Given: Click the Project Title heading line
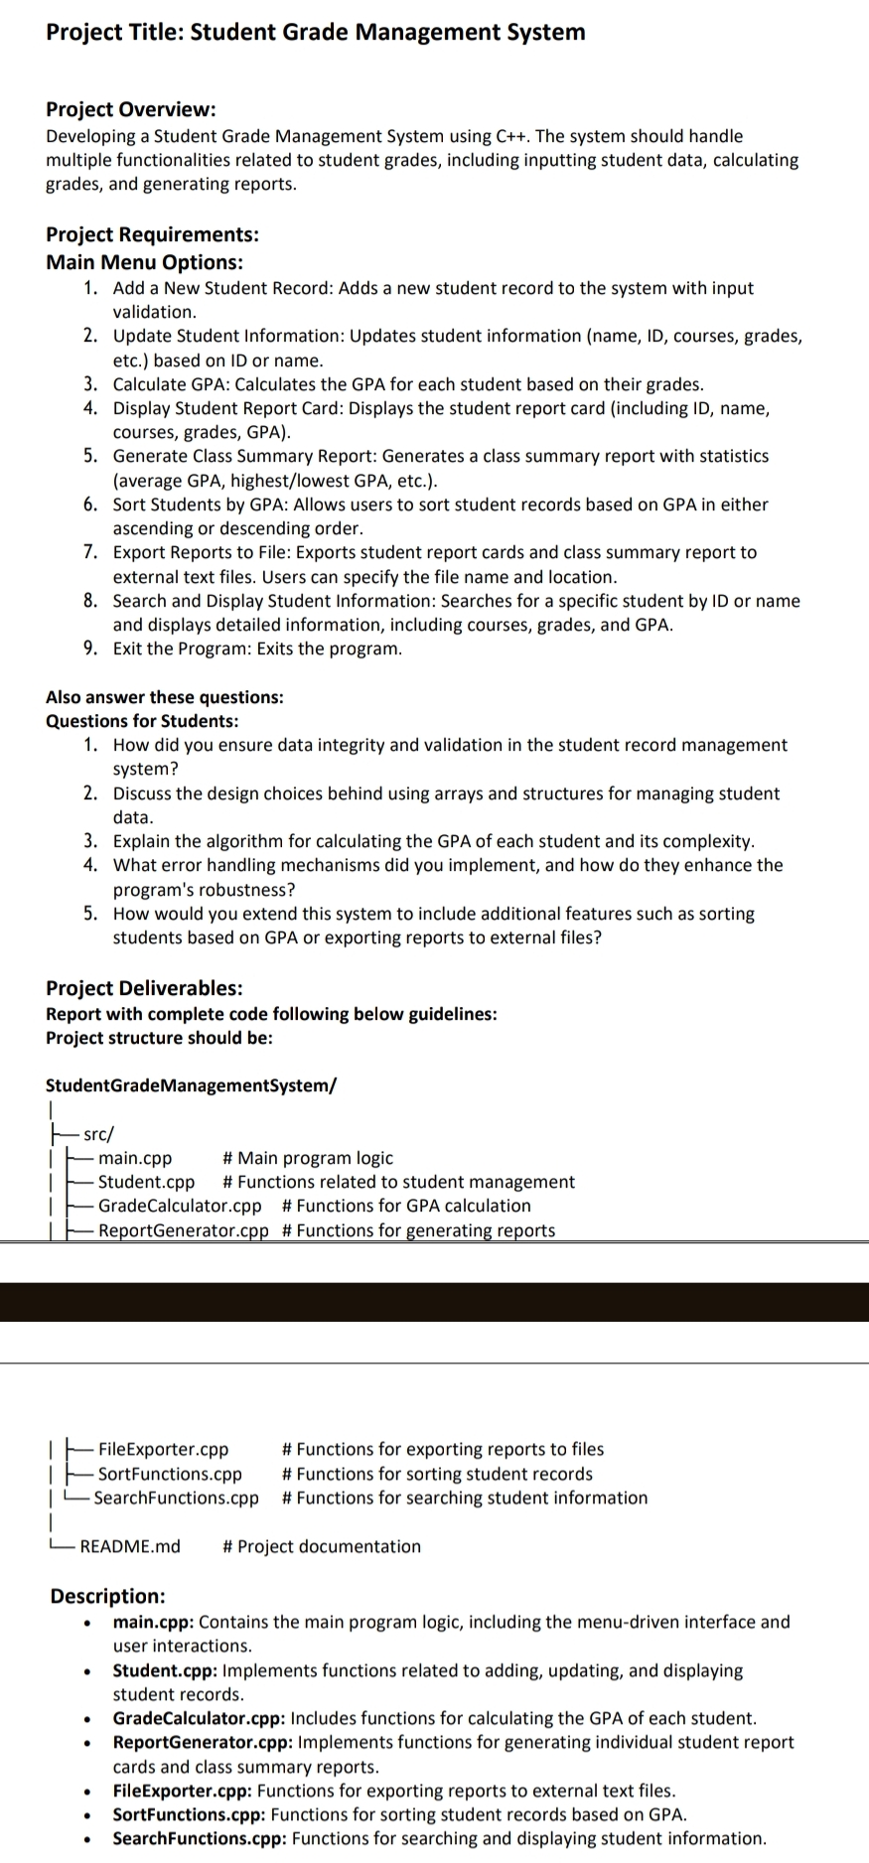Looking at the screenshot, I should (x=315, y=32).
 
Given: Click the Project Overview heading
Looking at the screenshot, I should (x=130, y=109).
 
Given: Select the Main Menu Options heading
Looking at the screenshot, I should (x=144, y=262).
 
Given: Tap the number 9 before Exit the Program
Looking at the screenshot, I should (x=90, y=648).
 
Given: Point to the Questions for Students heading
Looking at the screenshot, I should (x=142, y=721).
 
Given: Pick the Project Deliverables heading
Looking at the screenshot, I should (x=144, y=988).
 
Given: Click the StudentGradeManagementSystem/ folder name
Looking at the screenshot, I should (x=191, y=1084).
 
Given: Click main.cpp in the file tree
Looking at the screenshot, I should (x=135, y=1158).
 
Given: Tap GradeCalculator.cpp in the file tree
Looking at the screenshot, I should (x=180, y=1206).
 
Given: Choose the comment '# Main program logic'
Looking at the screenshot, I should (x=308, y=1158).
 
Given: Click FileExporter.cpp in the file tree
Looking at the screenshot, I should (x=163, y=1450).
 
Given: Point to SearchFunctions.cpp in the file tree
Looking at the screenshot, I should (x=177, y=1498).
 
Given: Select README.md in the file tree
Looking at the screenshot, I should (x=130, y=1546).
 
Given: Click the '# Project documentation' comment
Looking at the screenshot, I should (x=322, y=1546).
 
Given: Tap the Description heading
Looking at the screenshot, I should (x=108, y=1596).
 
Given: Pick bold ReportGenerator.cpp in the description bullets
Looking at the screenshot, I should (x=203, y=1742).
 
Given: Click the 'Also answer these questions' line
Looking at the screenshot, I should (x=164, y=697).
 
